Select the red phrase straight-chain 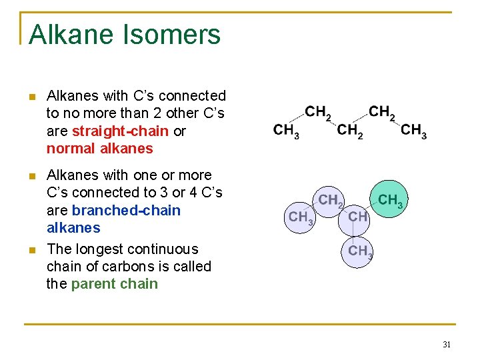click(x=121, y=131)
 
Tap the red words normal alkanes click(x=99, y=149)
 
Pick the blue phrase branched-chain click(x=126, y=211)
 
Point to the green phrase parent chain click(x=114, y=284)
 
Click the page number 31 click(x=447, y=345)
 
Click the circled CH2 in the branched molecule click(x=330, y=199)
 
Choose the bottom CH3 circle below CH click(x=359, y=251)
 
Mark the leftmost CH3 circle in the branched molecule click(x=299, y=217)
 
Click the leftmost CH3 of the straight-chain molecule click(x=286, y=130)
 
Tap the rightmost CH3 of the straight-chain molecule click(x=414, y=130)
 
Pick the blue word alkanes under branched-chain click(x=73, y=228)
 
